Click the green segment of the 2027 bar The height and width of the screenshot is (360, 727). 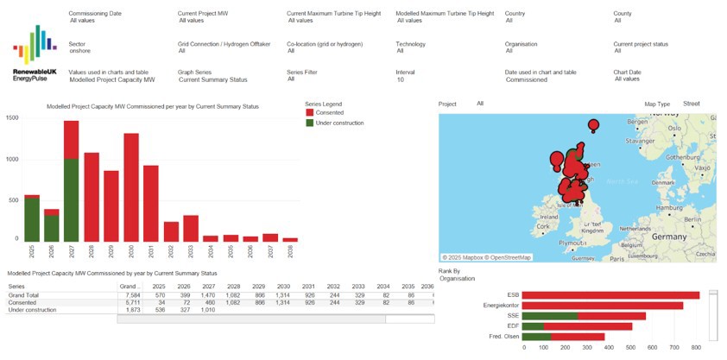tap(71, 199)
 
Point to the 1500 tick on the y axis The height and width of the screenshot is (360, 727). tap(12, 117)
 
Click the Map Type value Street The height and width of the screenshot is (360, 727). tap(691, 104)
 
